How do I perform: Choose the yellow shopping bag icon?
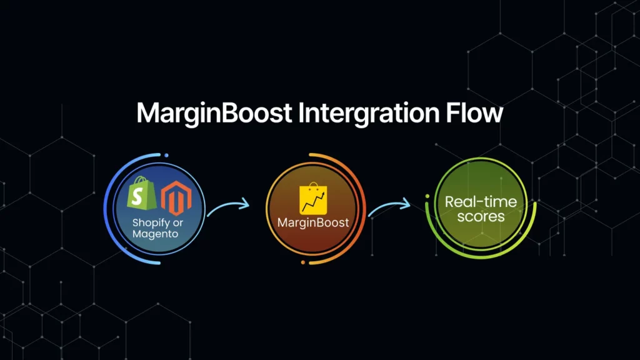point(313,199)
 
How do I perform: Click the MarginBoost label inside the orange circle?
point(312,222)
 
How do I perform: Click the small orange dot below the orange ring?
point(303,263)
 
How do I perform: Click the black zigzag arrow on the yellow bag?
point(313,201)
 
